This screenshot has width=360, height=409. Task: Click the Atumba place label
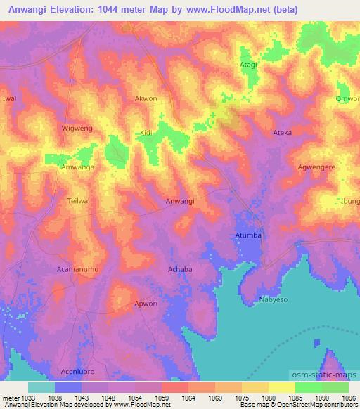(248, 235)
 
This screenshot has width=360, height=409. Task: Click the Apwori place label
(147, 304)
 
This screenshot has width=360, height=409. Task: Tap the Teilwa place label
(77, 201)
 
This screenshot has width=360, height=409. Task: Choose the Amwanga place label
(77, 167)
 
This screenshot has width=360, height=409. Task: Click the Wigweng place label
(77, 129)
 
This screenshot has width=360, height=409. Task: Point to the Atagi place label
(249, 64)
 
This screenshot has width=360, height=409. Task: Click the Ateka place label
(282, 132)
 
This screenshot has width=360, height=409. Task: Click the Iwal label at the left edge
(9, 99)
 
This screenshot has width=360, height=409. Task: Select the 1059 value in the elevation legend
(162, 398)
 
